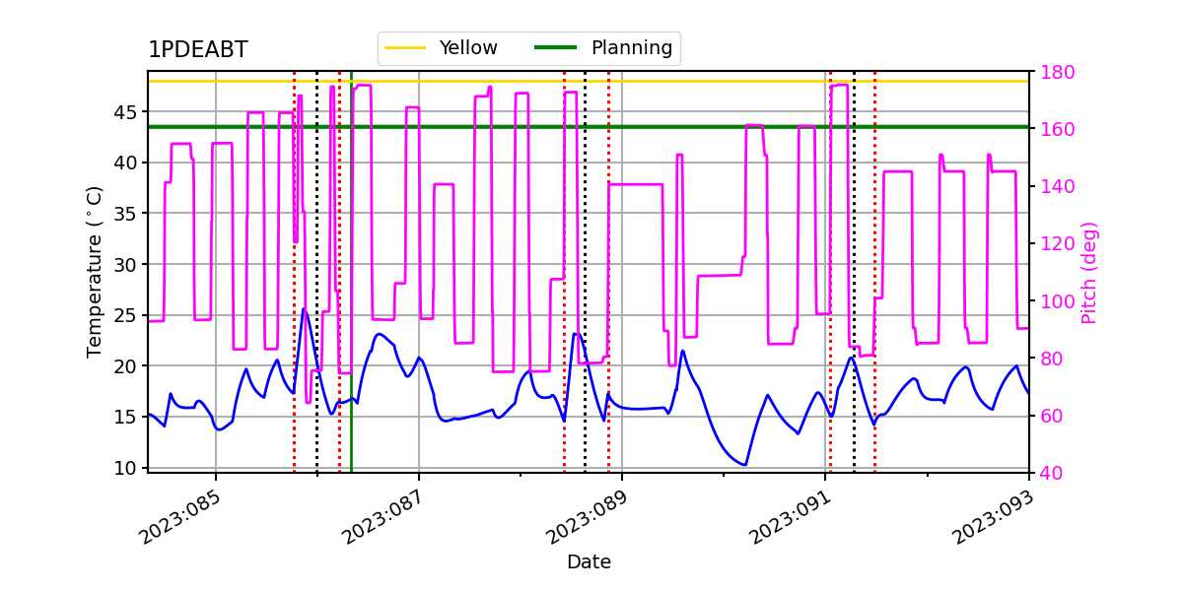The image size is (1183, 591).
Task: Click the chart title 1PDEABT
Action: [198, 49]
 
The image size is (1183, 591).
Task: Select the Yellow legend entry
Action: [441, 47]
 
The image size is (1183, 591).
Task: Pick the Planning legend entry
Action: [603, 47]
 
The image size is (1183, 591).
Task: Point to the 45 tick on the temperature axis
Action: [124, 112]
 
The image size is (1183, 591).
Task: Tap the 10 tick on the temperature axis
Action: [124, 468]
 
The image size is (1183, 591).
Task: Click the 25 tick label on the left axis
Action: [124, 315]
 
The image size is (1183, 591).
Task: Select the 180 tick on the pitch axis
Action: [1057, 72]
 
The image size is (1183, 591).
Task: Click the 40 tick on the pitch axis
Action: [1052, 473]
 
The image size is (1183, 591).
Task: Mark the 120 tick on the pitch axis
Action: [1057, 244]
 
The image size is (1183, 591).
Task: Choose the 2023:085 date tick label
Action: [179, 517]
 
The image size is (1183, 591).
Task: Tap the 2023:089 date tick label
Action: [587, 517]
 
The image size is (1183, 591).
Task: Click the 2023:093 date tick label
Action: [993, 517]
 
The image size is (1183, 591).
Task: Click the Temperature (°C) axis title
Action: [94, 272]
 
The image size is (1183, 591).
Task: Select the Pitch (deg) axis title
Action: [1089, 273]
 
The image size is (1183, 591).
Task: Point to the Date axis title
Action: [589, 562]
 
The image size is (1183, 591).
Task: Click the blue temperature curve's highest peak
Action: [304, 308]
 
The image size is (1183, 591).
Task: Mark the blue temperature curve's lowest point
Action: [744, 465]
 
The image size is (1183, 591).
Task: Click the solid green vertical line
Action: [351, 272]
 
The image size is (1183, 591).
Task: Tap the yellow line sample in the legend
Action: [405, 47]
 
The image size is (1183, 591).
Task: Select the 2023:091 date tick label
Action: [790, 517]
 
